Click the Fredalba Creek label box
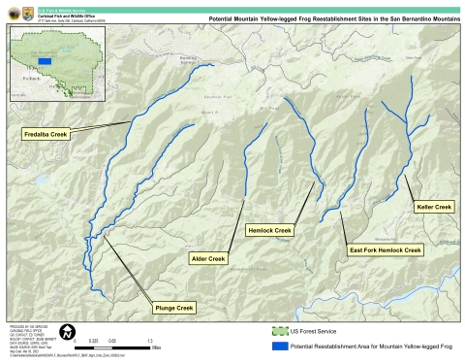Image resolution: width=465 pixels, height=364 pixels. click(46, 134)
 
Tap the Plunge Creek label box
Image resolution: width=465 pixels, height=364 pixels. click(174, 307)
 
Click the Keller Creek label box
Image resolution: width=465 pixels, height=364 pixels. click(433, 207)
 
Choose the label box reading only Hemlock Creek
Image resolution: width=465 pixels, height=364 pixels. click(269, 230)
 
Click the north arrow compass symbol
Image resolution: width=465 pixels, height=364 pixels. click(66, 333)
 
